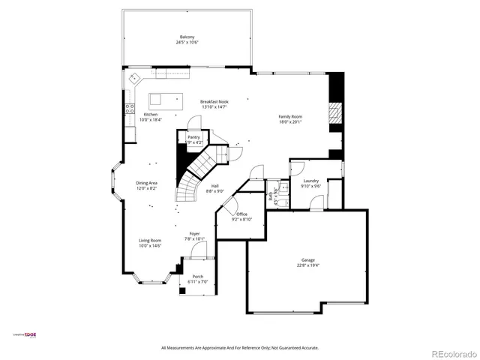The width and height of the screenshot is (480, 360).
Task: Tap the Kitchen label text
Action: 151,115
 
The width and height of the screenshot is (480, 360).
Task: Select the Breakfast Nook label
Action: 214,101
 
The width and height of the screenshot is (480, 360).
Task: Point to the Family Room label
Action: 290,117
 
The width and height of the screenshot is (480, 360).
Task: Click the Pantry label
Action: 193,137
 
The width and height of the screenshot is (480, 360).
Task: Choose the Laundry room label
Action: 311,181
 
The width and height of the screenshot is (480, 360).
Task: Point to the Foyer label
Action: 194,234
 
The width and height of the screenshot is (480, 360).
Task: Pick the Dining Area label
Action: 146,183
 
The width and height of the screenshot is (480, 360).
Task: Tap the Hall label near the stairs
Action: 214,186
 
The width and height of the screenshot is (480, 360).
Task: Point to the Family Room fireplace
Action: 335,114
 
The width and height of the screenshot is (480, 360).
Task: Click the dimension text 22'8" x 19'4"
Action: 308,265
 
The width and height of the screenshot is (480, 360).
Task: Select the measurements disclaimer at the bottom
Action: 240,348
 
